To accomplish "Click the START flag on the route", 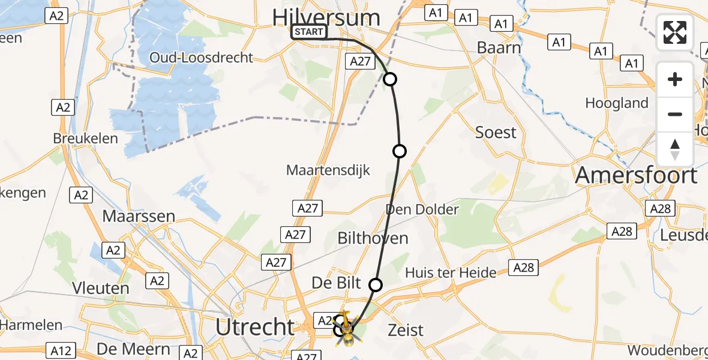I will tap(309, 32).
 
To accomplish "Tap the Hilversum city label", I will tap(326, 17).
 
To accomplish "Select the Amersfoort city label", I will tap(637, 176).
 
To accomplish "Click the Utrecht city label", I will tap(256, 328).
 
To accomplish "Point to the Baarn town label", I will tap(499, 47).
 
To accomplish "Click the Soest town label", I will tap(496, 132).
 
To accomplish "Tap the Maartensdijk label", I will tap(328, 170).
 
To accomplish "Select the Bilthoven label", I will tap(373, 238).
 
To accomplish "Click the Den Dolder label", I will tap(422, 209).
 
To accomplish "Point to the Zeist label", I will tap(406, 329).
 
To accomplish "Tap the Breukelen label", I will tap(85, 137).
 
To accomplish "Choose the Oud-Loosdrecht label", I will tap(210, 58).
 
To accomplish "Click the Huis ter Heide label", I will tap(451, 273).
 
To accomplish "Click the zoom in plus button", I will tap(675, 79).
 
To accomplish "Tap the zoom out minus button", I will tap(675, 114).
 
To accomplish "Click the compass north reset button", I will tap(675, 149).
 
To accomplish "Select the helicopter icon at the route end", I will tap(346, 329).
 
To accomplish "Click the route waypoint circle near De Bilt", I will tap(376, 284).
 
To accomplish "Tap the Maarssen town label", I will tap(139, 216).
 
